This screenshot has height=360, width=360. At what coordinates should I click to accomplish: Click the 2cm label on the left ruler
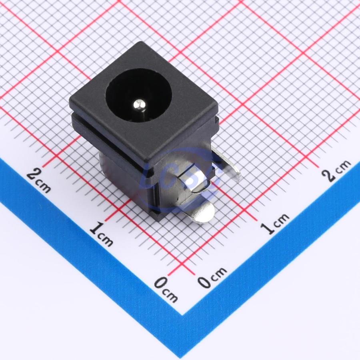(x=38, y=181)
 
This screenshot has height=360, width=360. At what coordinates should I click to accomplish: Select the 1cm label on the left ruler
(x=101, y=234)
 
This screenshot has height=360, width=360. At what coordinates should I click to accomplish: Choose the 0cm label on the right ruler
(x=212, y=277)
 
